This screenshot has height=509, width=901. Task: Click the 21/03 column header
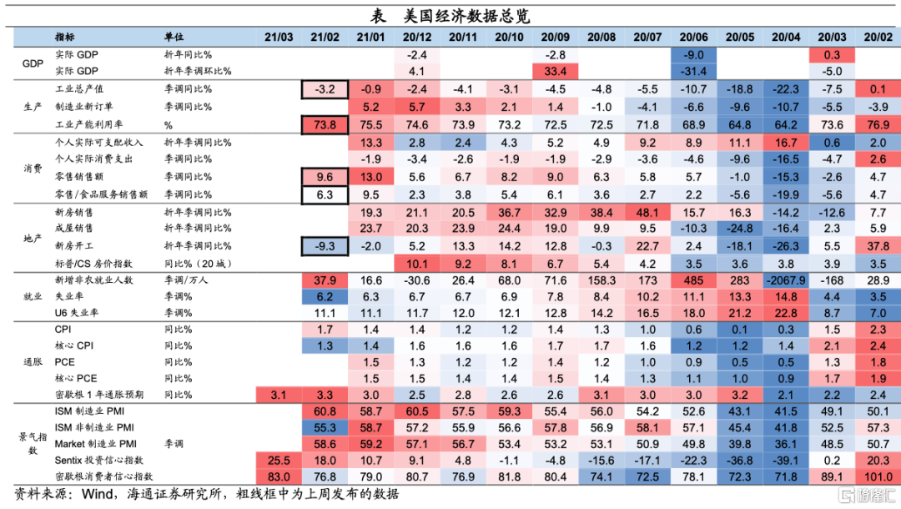(x=279, y=38)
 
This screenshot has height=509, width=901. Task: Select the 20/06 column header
(x=693, y=38)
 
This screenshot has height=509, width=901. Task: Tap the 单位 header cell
(x=174, y=38)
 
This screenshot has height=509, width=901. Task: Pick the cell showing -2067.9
(x=786, y=280)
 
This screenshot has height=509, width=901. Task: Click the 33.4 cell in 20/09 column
(x=555, y=71)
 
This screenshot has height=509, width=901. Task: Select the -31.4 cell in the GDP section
(x=693, y=71)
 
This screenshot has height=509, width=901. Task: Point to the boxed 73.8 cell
(x=325, y=124)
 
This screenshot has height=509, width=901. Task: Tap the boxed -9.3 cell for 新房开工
(x=325, y=246)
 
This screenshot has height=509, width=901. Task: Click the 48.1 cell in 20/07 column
(x=647, y=212)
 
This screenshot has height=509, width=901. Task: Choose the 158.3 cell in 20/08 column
(x=601, y=280)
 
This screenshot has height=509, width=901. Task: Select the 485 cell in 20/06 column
(x=693, y=280)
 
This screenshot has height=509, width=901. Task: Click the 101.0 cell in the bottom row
(x=878, y=476)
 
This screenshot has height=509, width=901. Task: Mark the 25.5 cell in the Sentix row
(x=279, y=460)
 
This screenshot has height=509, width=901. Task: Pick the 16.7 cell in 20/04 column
(x=786, y=143)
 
